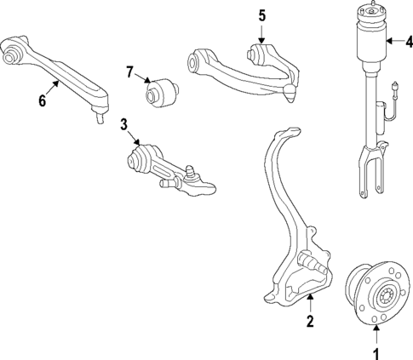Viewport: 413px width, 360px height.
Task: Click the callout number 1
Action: point(372,350)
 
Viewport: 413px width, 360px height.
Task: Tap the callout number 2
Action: point(310,322)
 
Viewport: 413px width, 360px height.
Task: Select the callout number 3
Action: point(124,125)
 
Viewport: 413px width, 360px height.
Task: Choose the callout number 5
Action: point(261,15)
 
